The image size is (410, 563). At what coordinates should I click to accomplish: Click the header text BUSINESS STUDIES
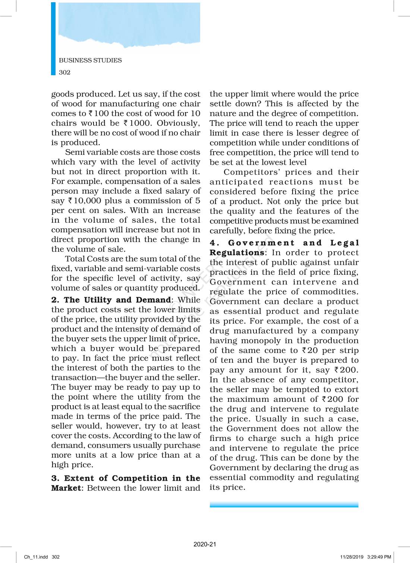tap(90, 60)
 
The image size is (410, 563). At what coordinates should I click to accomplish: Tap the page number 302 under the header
tap(64, 72)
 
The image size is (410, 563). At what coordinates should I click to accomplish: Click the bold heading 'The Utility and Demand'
tap(117, 300)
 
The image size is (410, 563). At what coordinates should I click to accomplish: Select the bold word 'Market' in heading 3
tap(66, 488)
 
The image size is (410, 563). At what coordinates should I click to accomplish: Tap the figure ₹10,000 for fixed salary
tap(85, 201)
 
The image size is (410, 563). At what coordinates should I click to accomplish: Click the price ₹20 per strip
tap(310, 350)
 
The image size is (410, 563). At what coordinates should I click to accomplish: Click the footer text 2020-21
tap(205, 544)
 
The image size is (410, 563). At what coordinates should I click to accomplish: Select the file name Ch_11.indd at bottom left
tap(36, 557)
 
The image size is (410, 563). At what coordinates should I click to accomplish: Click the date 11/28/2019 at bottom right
tap(351, 557)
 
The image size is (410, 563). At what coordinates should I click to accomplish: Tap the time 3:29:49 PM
tap(379, 557)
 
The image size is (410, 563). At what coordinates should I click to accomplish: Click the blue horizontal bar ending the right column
tap(284, 505)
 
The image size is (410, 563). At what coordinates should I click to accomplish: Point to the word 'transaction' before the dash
tap(73, 378)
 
